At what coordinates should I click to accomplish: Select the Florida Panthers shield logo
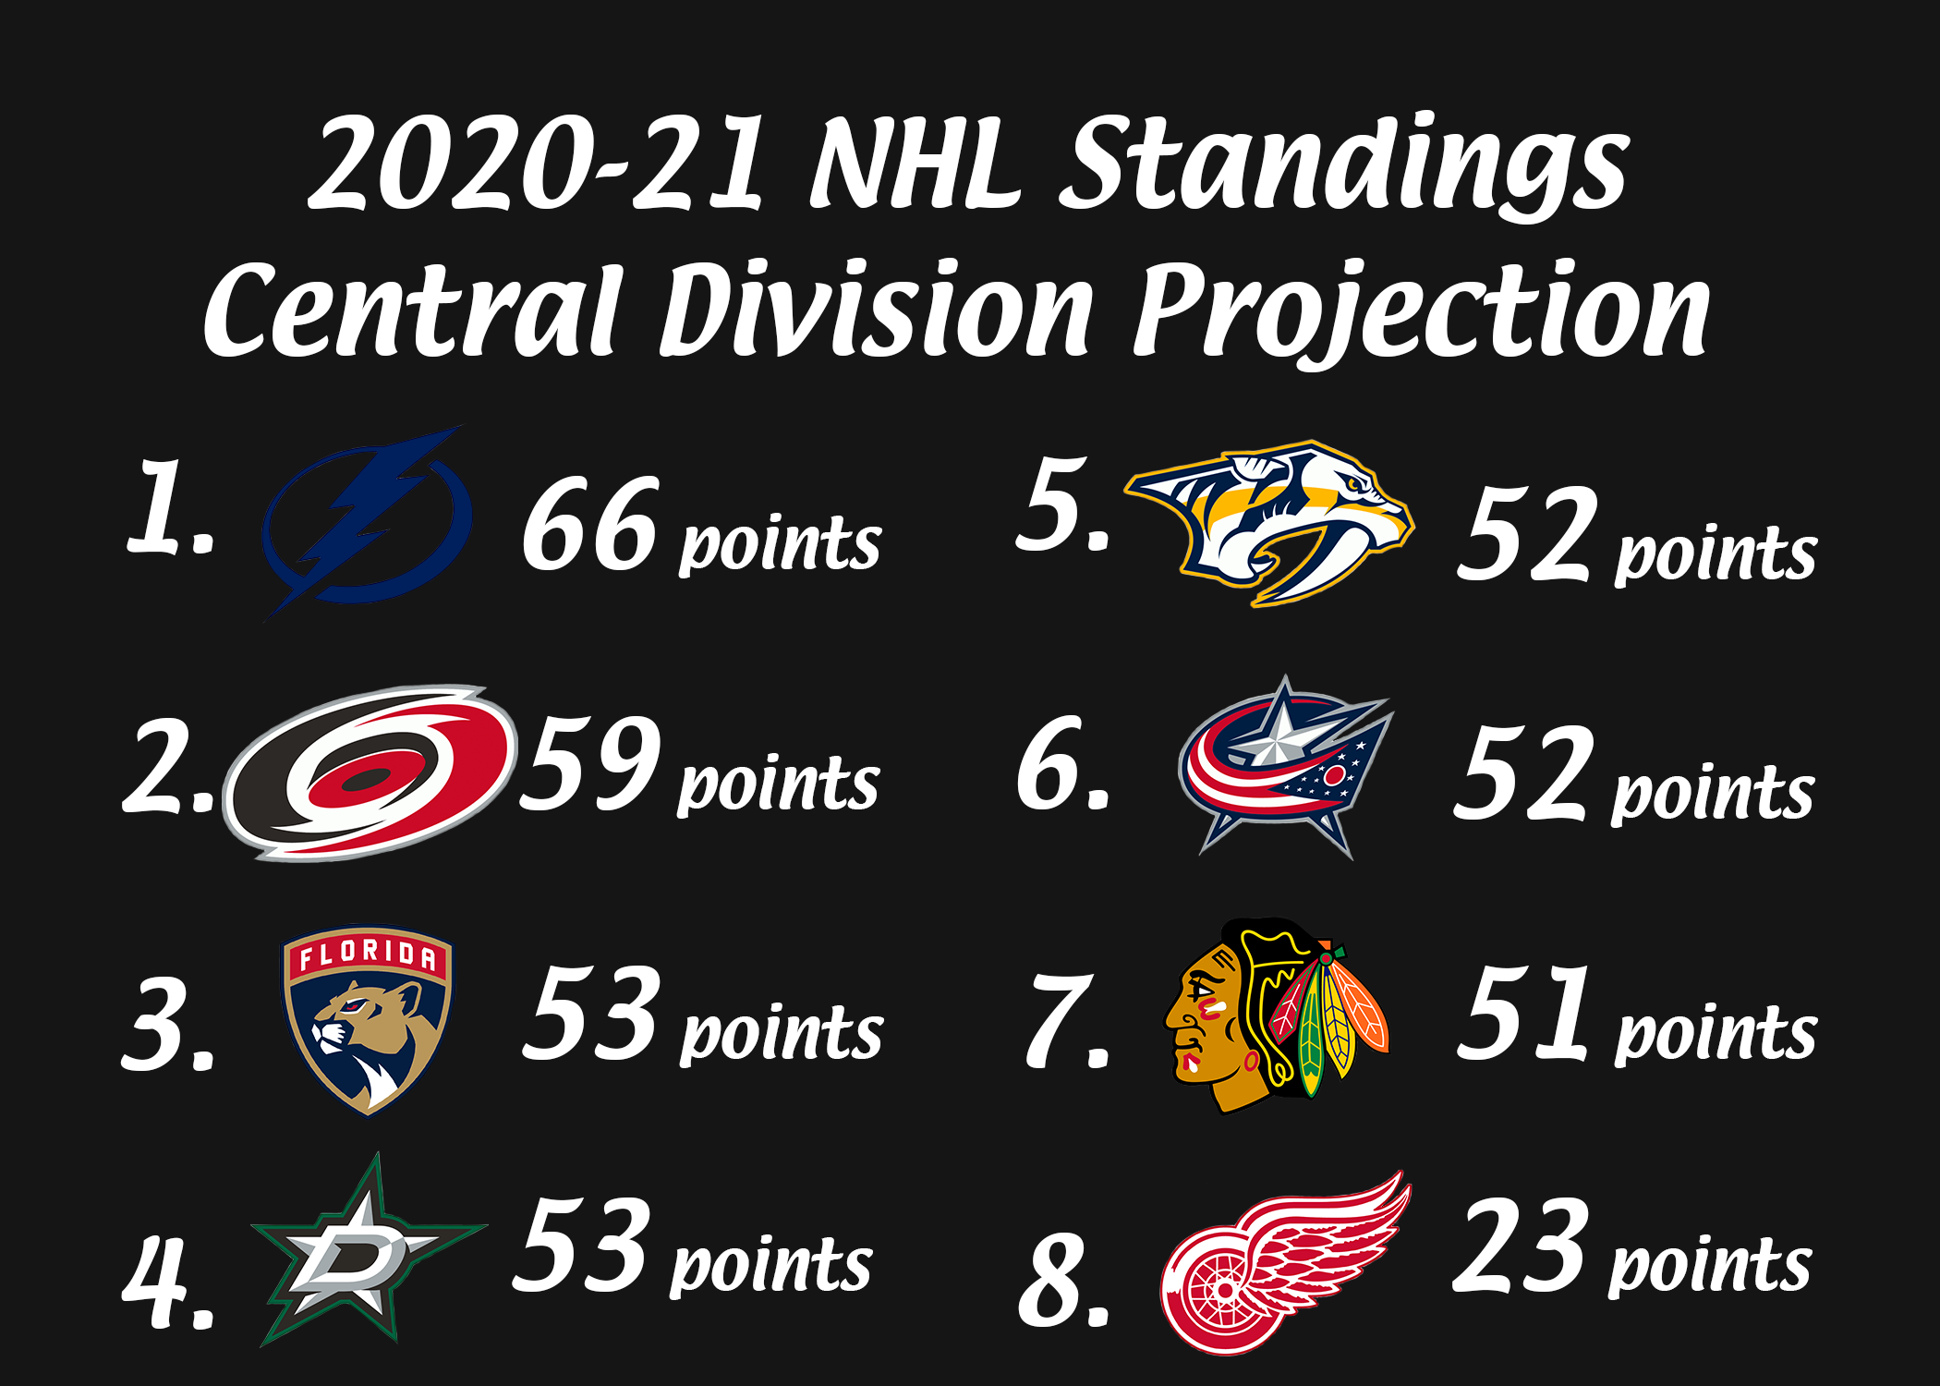tap(367, 1021)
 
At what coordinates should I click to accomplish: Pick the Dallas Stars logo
tap(368, 1249)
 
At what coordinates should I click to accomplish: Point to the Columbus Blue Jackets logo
tap(1285, 767)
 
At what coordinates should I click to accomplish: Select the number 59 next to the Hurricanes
tap(590, 763)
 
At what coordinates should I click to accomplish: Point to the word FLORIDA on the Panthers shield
tap(367, 954)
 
